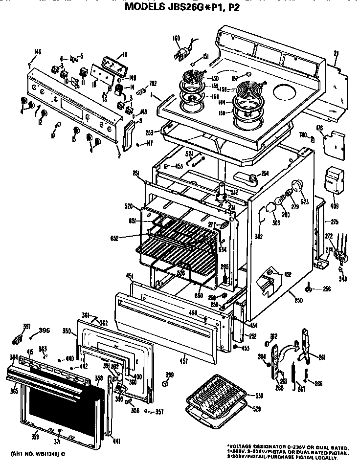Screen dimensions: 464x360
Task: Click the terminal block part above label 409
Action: [334, 179]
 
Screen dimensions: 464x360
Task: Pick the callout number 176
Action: [333, 129]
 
